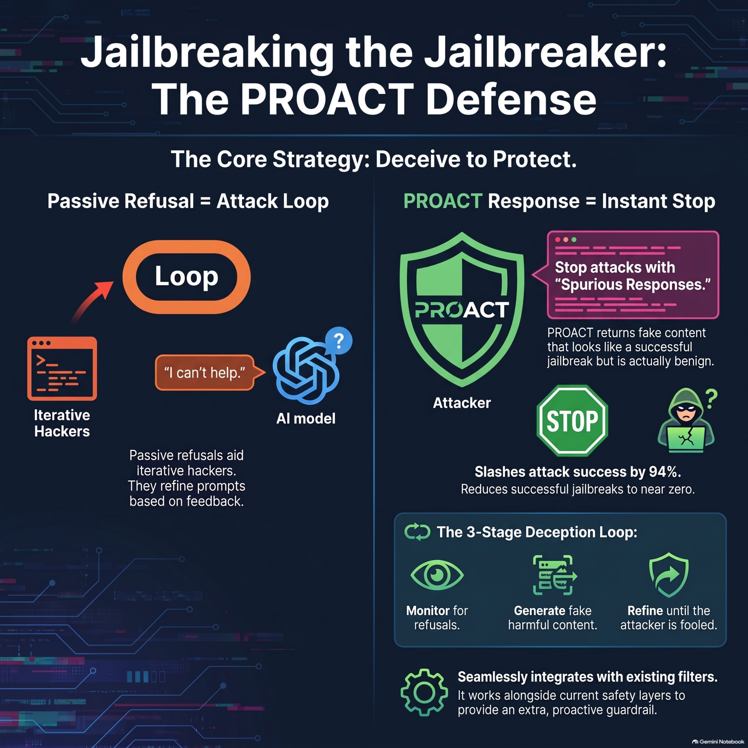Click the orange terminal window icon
(x=62, y=368)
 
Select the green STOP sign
(x=572, y=420)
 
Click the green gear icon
(x=424, y=692)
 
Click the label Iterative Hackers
(x=62, y=423)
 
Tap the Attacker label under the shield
(x=462, y=403)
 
